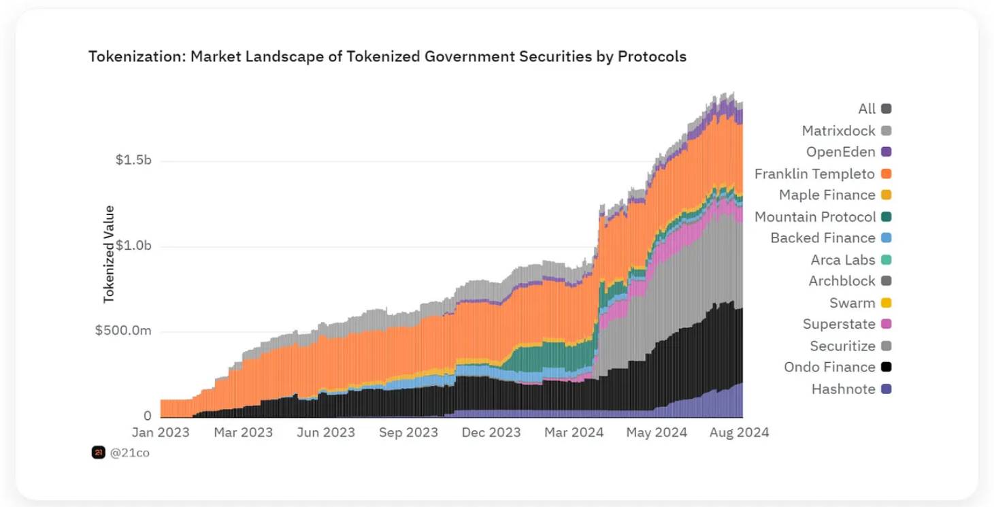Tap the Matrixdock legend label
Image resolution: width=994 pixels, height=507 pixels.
838,131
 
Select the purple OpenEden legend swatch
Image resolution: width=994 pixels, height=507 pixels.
886,152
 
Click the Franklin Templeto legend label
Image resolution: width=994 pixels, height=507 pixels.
814,174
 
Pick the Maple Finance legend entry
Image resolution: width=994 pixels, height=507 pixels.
827,195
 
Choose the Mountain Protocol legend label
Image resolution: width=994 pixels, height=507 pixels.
815,217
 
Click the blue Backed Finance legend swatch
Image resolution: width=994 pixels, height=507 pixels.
886,238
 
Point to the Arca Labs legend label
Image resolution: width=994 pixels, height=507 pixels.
843,260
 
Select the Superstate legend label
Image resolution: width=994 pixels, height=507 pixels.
839,324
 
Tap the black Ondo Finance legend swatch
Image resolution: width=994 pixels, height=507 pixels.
886,367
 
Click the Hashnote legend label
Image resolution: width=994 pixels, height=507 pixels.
843,389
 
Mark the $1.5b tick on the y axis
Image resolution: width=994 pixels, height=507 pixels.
133,160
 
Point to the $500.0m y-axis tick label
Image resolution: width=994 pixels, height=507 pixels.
123,331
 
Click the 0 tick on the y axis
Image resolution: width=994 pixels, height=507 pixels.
147,416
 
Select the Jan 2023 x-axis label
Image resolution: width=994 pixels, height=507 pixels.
161,433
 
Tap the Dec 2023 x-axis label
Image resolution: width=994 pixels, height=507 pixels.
491,433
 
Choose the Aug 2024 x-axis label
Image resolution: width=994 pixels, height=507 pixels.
740,433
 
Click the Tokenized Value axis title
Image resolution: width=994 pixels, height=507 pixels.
109,254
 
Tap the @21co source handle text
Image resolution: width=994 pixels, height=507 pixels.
129,453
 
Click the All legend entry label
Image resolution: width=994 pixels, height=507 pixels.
867,109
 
